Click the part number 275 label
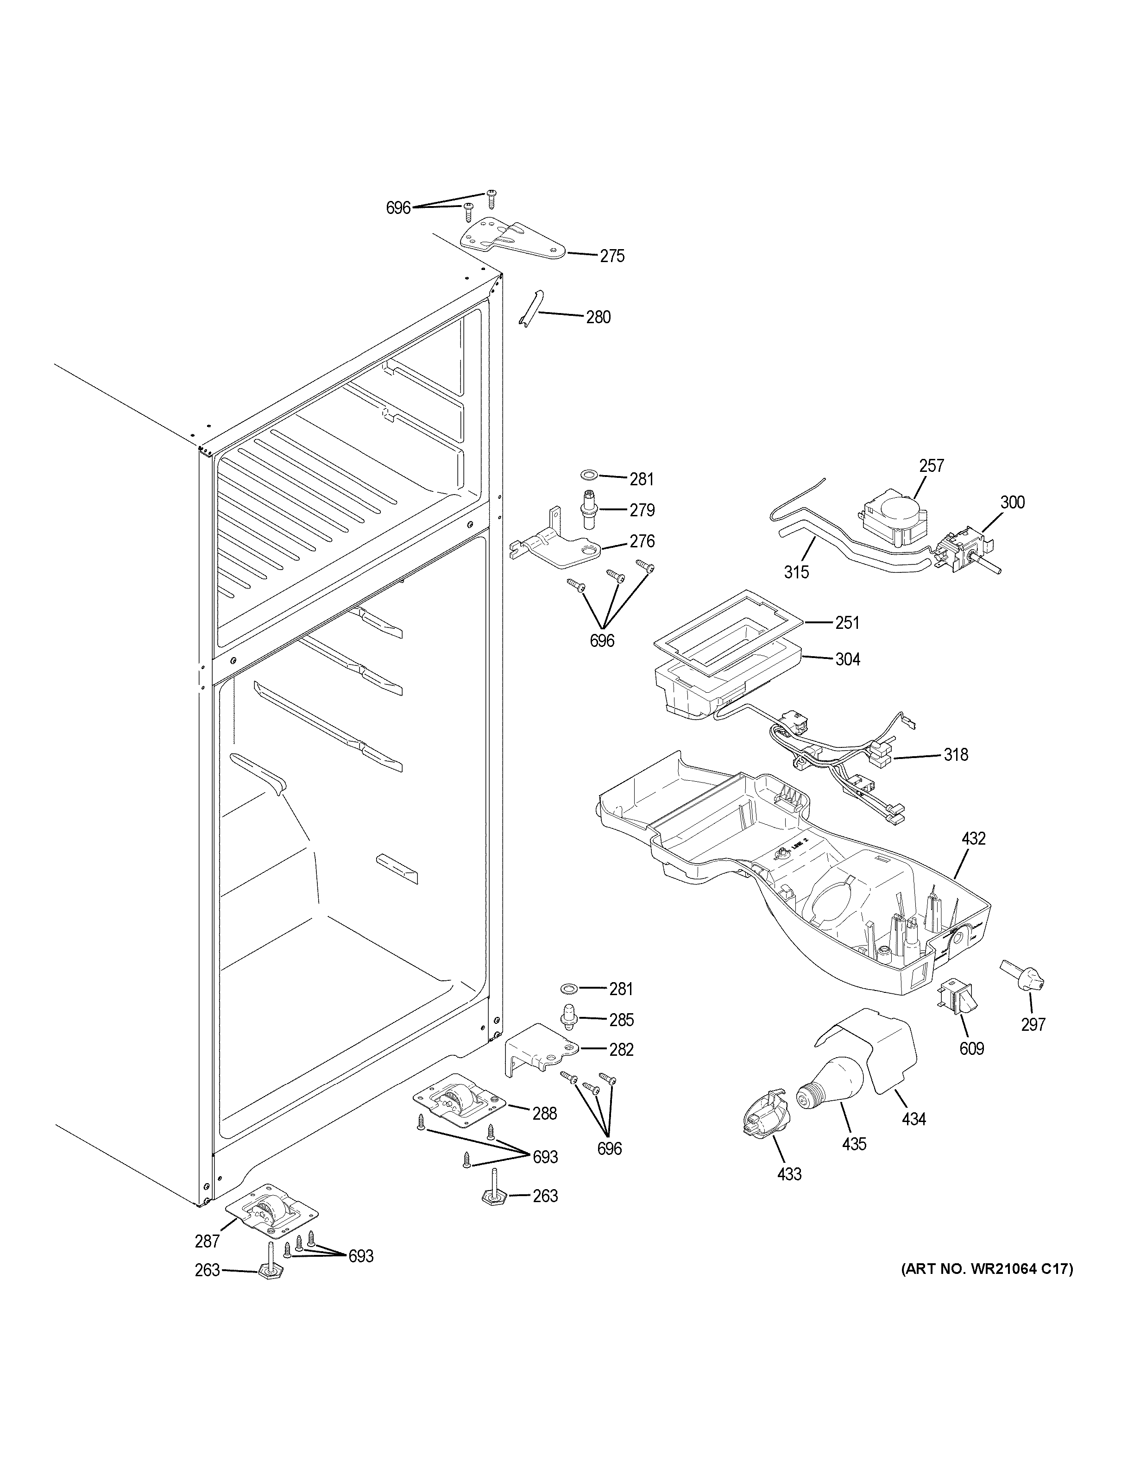611,256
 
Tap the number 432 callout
973,838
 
